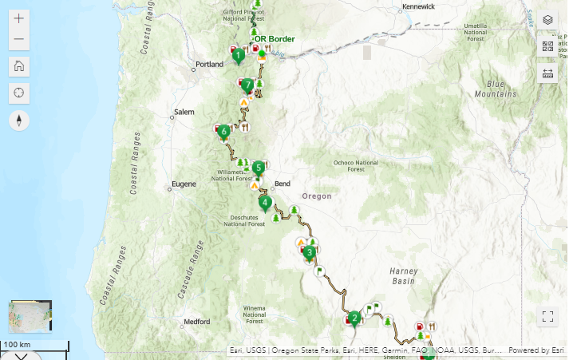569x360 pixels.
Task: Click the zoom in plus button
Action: pyautogui.click(x=19, y=18)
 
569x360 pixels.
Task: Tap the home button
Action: pyautogui.click(x=19, y=66)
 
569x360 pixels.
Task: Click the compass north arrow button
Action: pyautogui.click(x=19, y=121)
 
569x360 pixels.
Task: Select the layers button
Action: pyautogui.click(x=547, y=19)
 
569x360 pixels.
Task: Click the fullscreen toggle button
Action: pyautogui.click(x=547, y=316)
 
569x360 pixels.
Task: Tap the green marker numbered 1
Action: pyautogui.click(x=238, y=56)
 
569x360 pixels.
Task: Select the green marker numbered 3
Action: pyautogui.click(x=309, y=253)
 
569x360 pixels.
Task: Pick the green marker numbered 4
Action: pyautogui.click(x=264, y=203)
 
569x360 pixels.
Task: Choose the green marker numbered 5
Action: pyautogui.click(x=258, y=168)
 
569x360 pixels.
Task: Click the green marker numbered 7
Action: pyautogui.click(x=248, y=85)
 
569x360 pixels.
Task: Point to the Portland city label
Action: pyautogui.click(x=210, y=65)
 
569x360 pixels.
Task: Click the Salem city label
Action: pyautogui.click(x=184, y=112)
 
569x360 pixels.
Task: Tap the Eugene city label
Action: pyautogui.click(x=183, y=184)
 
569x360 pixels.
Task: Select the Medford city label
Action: pyautogui.click(x=196, y=322)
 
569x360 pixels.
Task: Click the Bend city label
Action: pyautogui.click(x=282, y=184)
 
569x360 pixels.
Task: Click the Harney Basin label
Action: pyautogui.click(x=403, y=276)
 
